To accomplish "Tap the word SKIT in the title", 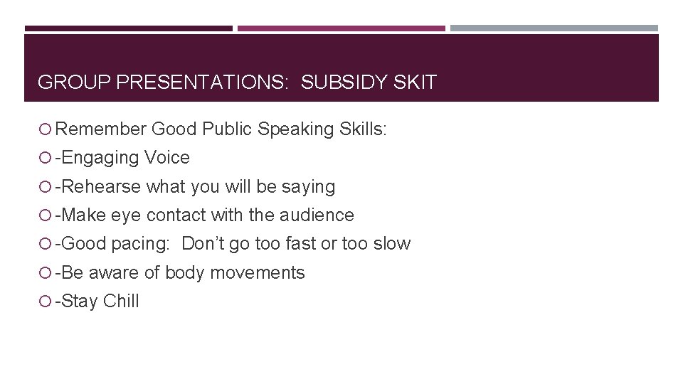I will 414,82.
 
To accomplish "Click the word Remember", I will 100,129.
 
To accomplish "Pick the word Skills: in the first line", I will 363,129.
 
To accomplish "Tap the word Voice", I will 167,158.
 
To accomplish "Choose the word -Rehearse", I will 99,186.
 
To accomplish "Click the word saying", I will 308,187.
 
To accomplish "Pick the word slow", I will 392,243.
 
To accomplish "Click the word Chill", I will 121,301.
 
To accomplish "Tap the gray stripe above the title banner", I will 554,28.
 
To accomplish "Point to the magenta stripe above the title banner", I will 341,28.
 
